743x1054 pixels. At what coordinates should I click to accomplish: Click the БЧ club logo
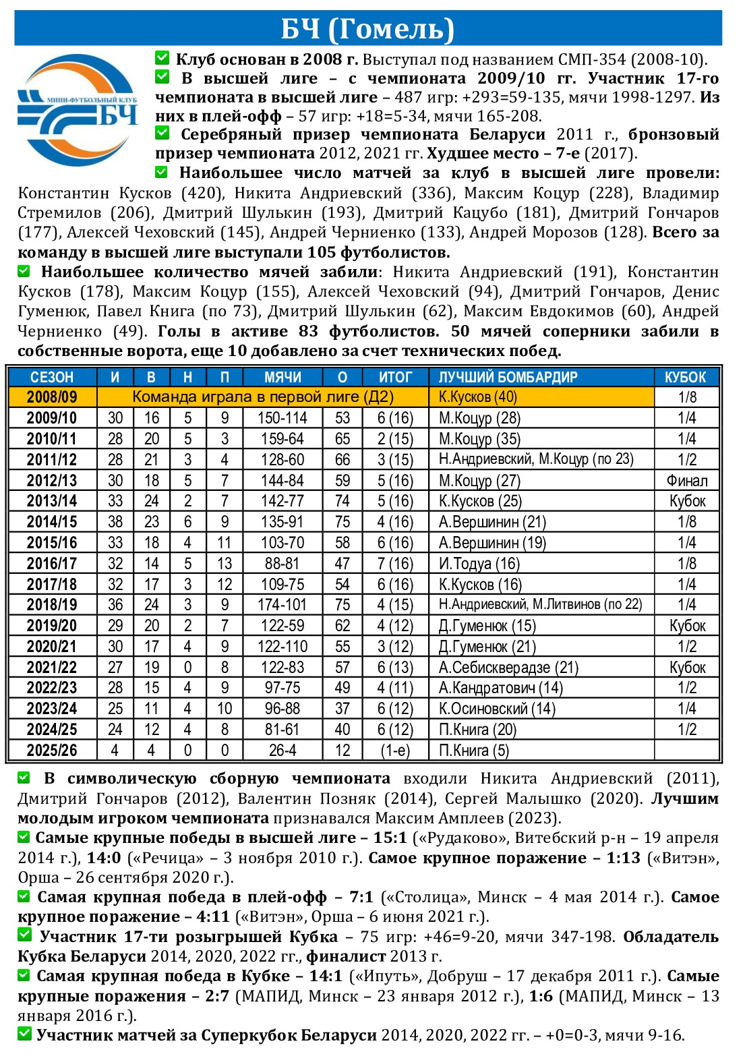pyautogui.click(x=78, y=110)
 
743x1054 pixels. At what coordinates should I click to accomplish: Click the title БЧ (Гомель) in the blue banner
pyautogui.click(x=368, y=28)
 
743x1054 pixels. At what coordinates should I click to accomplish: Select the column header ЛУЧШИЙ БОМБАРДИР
pyautogui.click(x=508, y=377)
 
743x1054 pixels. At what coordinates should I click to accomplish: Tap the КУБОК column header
pyautogui.click(x=686, y=377)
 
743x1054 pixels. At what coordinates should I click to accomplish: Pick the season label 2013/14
pyautogui.click(x=52, y=501)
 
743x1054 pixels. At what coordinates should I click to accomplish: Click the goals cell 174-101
pyautogui.click(x=282, y=605)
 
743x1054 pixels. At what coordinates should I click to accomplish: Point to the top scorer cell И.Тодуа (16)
pyautogui.click(x=479, y=564)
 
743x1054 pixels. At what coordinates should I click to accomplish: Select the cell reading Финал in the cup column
pyautogui.click(x=686, y=481)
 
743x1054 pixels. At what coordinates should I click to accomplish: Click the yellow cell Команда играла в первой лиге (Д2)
pyautogui.click(x=263, y=397)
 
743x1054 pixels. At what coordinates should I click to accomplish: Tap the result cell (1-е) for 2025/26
pyautogui.click(x=395, y=751)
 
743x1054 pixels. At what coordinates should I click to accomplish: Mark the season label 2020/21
pyautogui.click(x=52, y=647)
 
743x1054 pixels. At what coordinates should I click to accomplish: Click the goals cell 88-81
pyautogui.click(x=282, y=564)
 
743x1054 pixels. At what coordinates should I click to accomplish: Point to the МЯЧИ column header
pyautogui.click(x=283, y=377)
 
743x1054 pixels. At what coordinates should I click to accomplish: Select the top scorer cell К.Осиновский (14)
pyautogui.click(x=497, y=709)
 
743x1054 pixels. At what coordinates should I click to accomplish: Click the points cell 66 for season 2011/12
pyautogui.click(x=343, y=460)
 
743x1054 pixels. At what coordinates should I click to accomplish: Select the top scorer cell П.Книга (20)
pyautogui.click(x=477, y=730)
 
